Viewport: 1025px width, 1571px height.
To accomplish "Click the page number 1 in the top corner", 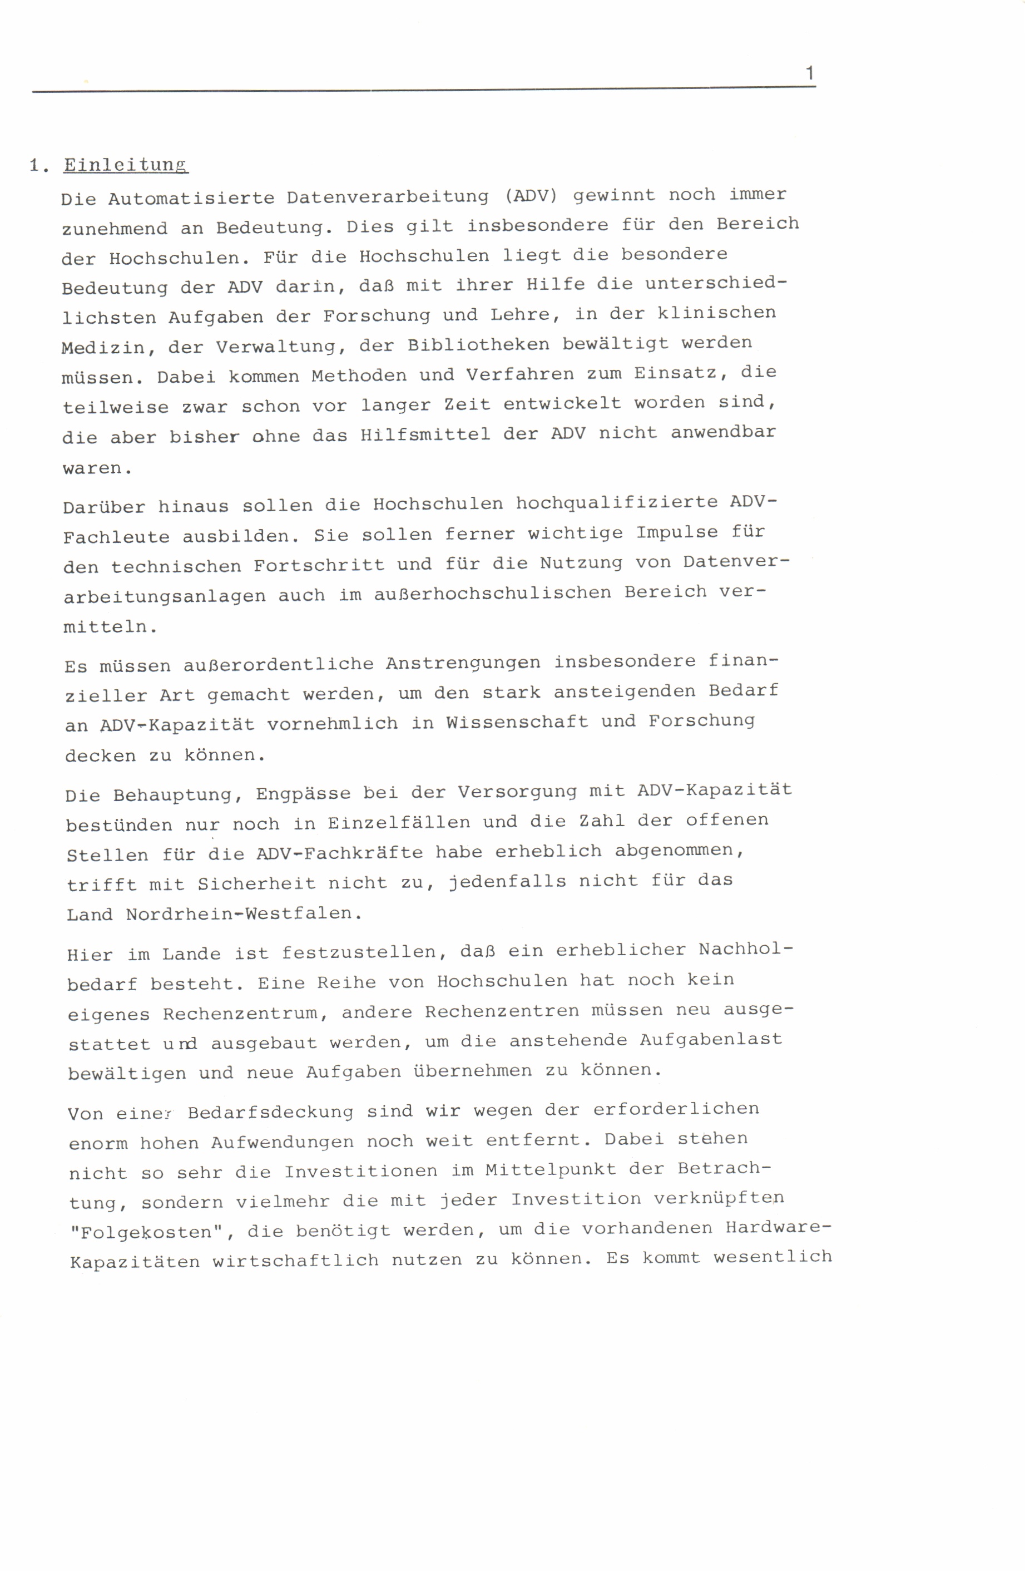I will click(810, 73).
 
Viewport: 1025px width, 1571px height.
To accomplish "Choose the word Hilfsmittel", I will click(425, 435).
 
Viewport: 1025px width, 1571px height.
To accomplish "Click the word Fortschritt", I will click(319, 565).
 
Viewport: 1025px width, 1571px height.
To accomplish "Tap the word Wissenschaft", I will click(517, 722).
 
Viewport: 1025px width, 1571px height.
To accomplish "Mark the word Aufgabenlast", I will click(710, 1040).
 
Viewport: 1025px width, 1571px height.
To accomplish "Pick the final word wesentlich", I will click(772, 1257).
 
